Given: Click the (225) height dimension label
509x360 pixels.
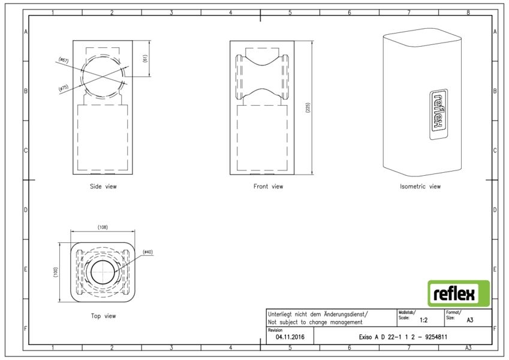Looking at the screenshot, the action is pos(308,107).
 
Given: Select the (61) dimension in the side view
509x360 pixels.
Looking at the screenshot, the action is pos(144,58).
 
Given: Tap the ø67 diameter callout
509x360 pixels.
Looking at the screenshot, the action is pos(64,60).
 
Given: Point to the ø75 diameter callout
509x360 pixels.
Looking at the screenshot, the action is pos(64,88).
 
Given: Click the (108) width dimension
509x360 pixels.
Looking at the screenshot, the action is pos(103,227).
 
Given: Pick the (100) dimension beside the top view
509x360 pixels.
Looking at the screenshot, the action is pos(56,272).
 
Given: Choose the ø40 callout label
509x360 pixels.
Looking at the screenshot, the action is pos(147,252).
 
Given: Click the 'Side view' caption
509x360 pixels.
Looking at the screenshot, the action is pos(103,187).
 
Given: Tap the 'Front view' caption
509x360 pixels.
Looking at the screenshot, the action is pos(268,187).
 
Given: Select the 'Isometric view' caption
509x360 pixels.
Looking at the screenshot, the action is pos(420,187).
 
